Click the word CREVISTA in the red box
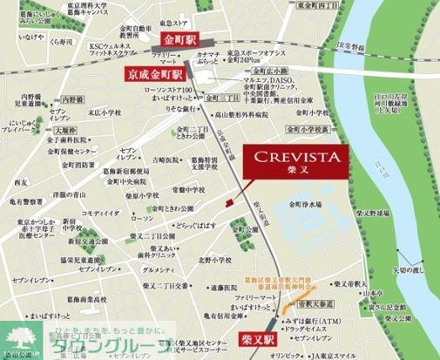point(296,157)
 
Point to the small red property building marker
point(228,202)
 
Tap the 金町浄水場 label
point(309,207)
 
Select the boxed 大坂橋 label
point(41,131)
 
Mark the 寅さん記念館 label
point(388,307)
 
